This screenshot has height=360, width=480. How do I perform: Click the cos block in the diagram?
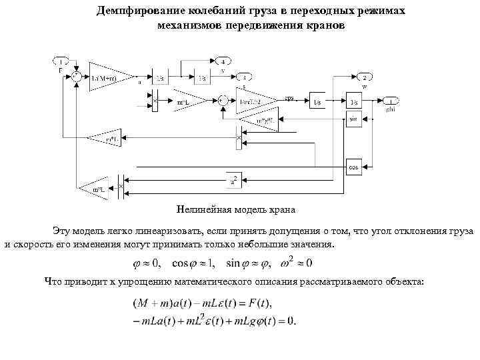click(353, 167)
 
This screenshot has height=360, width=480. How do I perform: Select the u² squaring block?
click(234, 179)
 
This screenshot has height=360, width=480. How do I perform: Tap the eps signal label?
click(289, 97)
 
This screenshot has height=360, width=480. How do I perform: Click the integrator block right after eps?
click(317, 102)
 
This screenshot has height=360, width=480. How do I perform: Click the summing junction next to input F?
click(79, 77)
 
